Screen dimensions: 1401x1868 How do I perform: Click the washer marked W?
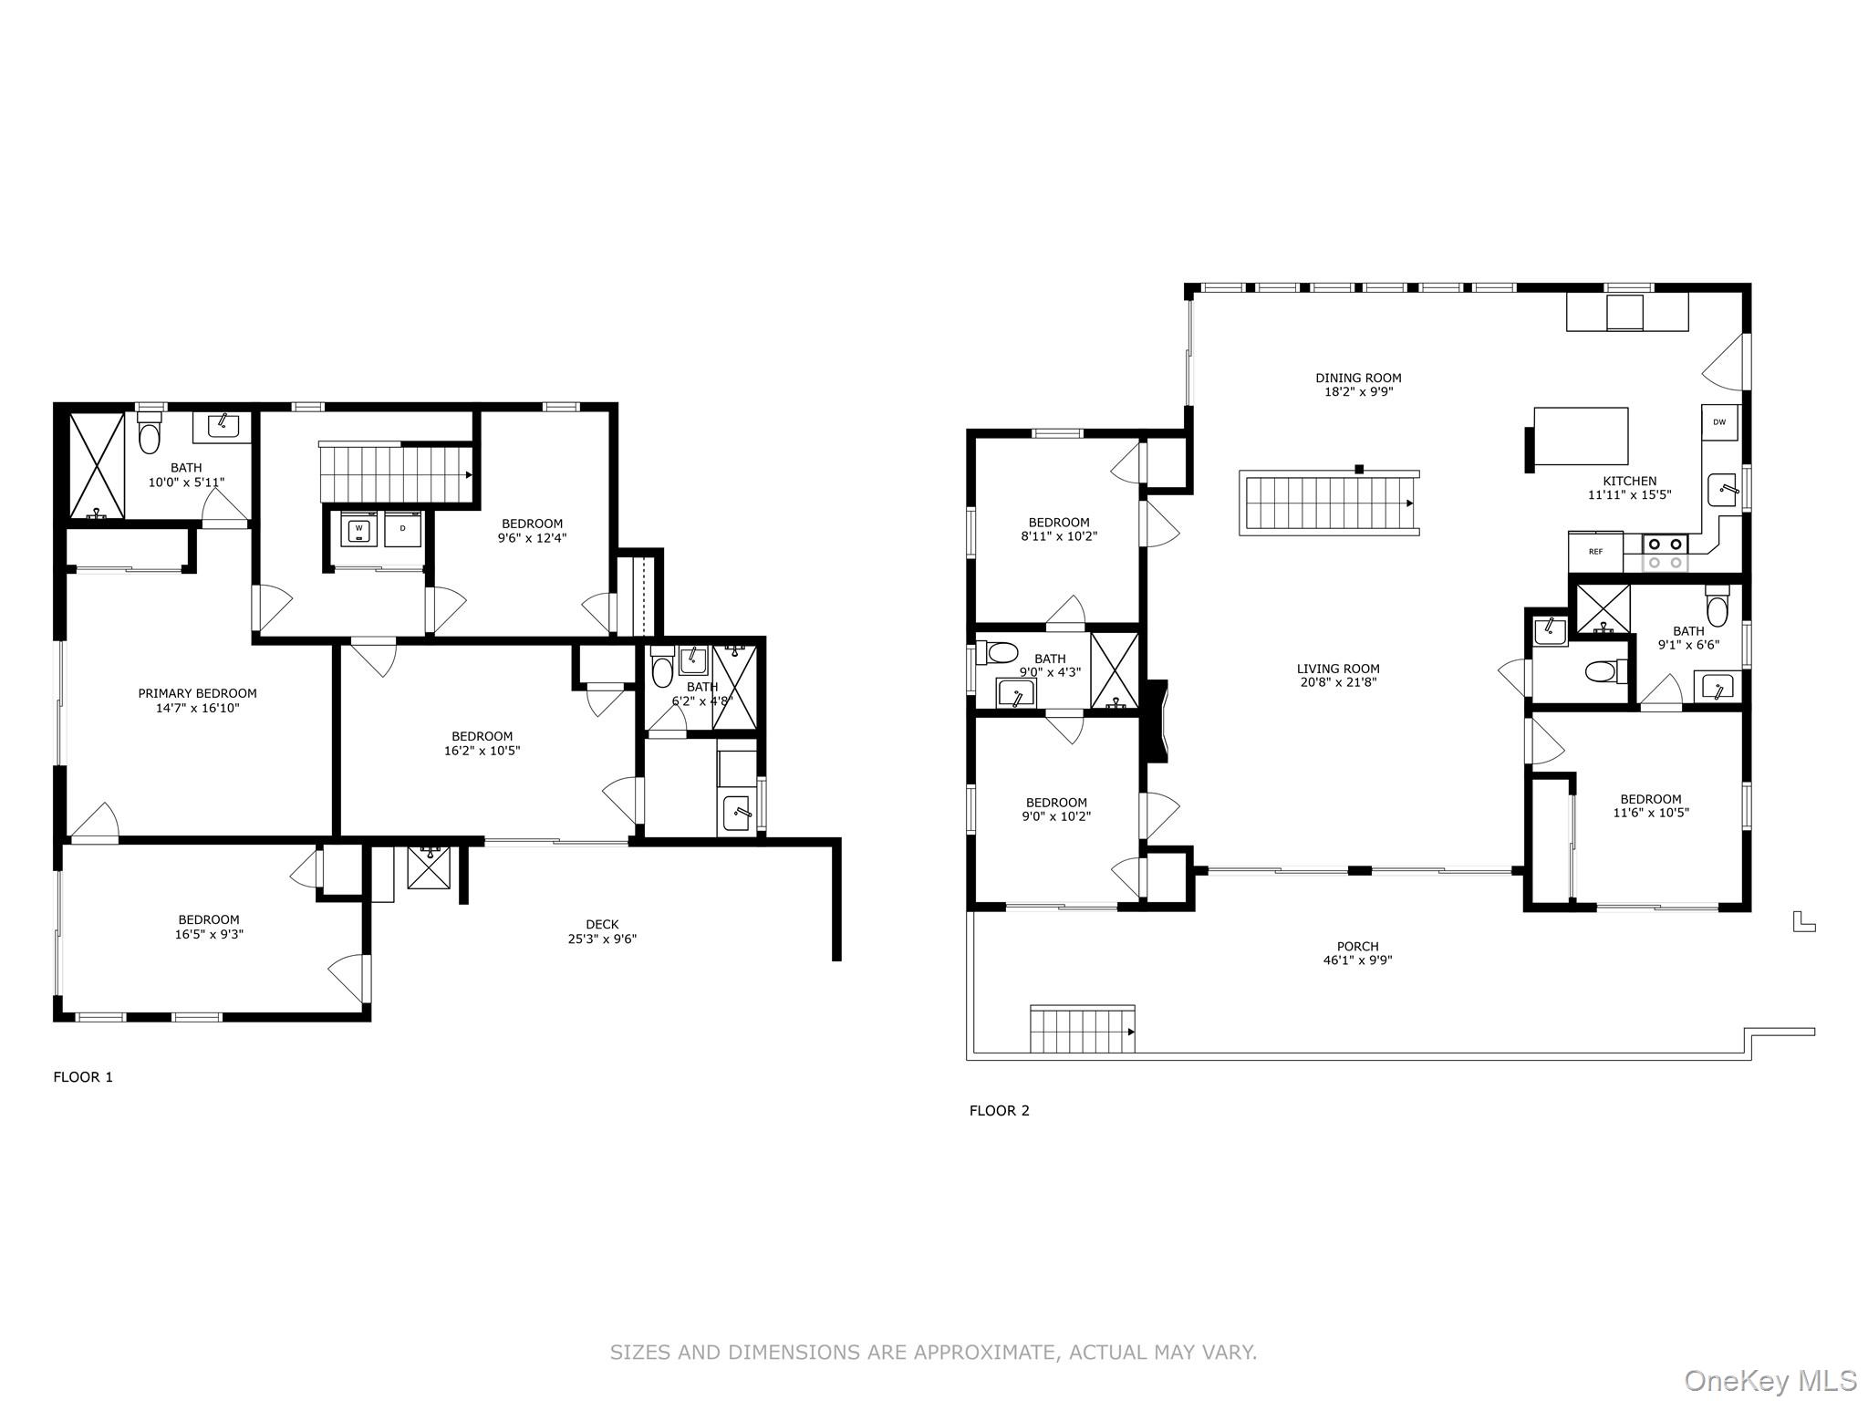point(359,528)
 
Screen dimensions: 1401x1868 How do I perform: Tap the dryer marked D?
point(403,528)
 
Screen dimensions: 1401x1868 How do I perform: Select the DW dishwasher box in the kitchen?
point(1719,422)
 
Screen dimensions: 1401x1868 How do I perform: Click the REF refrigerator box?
point(1595,552)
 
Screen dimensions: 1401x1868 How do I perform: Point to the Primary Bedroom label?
point(197,693)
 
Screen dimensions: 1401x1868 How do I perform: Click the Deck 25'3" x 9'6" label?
point(602,931)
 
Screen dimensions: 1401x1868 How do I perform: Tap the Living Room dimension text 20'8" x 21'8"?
point(1338,682)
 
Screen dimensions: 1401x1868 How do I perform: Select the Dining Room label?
point(1358,378)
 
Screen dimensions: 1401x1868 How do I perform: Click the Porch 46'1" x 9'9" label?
point(1357,953)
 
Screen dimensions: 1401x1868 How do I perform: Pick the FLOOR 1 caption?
point(83,1077)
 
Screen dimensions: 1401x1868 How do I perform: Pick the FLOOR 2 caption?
point(999,1111)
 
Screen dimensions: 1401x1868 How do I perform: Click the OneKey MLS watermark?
point(1769,1381)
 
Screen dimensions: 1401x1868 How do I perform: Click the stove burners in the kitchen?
point(1666,553)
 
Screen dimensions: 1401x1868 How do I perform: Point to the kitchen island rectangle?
point(1581,437)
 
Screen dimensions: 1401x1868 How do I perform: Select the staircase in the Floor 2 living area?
point(1328,503)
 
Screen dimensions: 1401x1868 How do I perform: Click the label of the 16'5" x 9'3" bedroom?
point(209,927)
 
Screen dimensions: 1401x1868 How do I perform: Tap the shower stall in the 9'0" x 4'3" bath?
point(1115,669)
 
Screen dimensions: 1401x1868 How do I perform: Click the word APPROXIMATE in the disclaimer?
point(987,1353)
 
